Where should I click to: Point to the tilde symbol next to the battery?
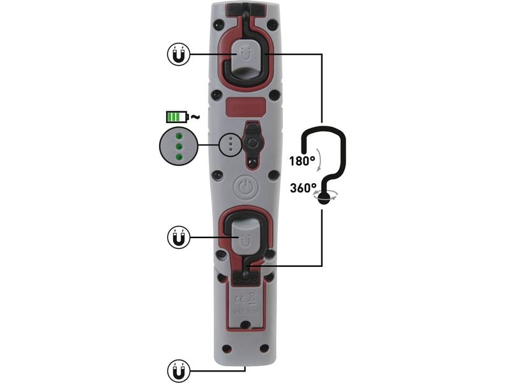(x=195, y=116)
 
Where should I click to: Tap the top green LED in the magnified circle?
(x=179, y=136)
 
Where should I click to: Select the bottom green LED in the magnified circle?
(x=179, y=156)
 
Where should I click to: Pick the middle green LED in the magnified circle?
(x=179, y=146)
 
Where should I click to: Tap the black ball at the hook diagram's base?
(x=324, y=198)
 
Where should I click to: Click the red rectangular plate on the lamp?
(x=246, y=107)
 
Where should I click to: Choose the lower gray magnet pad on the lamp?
(x=245, y=236)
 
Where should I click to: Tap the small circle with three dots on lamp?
(x=229, y=144)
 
